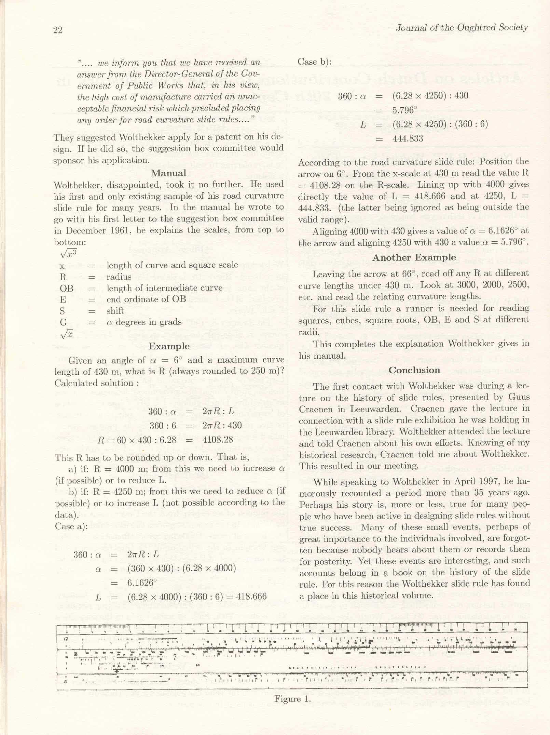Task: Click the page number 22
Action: click(x=58, y=30)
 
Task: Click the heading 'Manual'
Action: click(x=169, y=173)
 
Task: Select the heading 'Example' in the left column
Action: click(x=169, y=346)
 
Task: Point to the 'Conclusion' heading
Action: click(x=414, y=370)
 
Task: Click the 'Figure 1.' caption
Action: click(x=292, y=699)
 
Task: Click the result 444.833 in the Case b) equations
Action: click(x=408, y=138)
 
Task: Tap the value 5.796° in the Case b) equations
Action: click(x=405, y=110)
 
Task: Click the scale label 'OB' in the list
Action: click(x=67, y=288)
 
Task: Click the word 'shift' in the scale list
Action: click(x=115, y=311)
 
